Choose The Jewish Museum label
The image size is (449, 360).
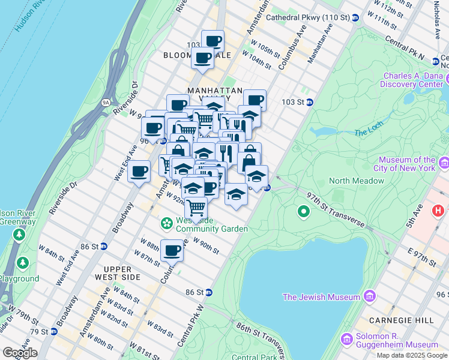(322, 296)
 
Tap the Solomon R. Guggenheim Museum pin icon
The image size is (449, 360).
(346, 340)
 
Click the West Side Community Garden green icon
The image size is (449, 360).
(166, 223)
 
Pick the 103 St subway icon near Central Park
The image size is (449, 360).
(310, 102)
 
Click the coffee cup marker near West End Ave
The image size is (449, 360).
(139, 172)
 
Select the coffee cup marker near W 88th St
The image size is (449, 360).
(172, 250)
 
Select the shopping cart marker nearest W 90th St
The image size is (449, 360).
(196, 208)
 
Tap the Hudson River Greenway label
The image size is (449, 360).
(16, 217)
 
